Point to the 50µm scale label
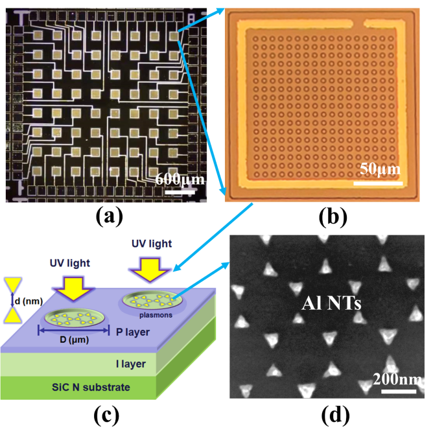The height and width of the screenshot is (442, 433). [380, 170]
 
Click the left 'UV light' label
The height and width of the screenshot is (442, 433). [71, 265]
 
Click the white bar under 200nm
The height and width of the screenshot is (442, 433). [397, 391]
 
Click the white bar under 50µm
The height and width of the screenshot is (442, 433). [380, 183]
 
